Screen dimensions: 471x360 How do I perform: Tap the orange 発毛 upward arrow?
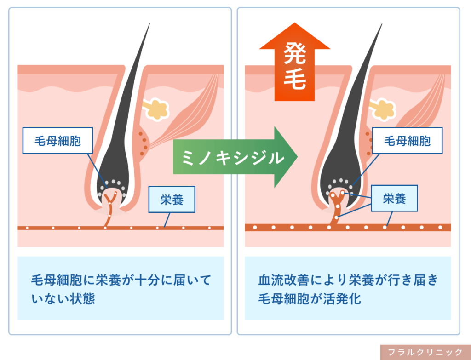[x=295, y=62]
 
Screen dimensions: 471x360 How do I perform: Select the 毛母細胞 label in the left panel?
[x=57, y=141]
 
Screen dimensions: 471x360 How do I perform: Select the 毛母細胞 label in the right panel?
[x=408, y=141]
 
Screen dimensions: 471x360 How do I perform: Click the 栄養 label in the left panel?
[x=172, y=200]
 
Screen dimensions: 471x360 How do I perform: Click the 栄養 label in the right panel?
[x=394, y=198]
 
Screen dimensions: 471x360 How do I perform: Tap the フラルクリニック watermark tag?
[x=425, y=352]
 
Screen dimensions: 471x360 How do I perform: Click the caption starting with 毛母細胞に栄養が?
[x=121, y=289]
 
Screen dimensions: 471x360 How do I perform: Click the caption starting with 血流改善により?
[x=348, y=289]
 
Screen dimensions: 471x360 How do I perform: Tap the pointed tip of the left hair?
[x=149, y=23]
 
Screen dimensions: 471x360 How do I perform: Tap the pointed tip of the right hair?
[x=382, y=24]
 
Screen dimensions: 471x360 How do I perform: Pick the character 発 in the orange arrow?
[x=295, y=53]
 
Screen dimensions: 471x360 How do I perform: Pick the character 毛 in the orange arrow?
[x=295, y=79]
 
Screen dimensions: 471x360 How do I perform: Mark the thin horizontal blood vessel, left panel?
[x=121, y=228]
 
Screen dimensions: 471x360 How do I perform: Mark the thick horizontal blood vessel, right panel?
[x=348, y=227]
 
